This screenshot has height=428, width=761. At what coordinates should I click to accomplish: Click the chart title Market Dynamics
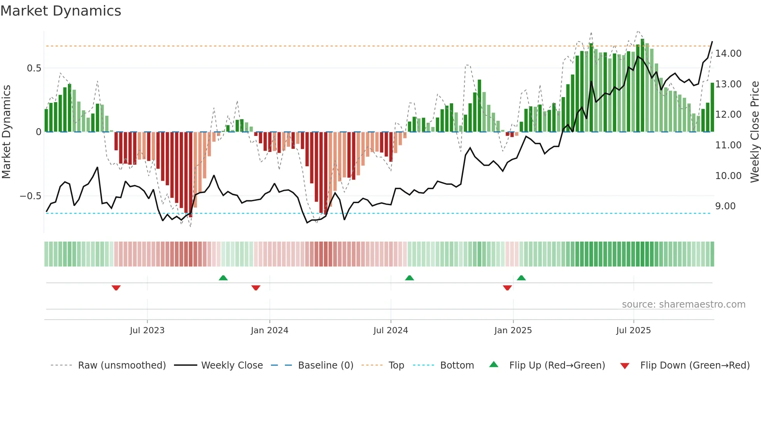[61, 11]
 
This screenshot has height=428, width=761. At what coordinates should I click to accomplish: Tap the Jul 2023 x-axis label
[147, 331]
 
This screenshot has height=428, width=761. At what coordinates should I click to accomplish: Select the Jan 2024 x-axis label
[269, 331]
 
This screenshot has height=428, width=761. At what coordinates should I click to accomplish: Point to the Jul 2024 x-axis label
[391, 331]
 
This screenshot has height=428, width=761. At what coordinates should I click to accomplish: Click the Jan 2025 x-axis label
[513, 331]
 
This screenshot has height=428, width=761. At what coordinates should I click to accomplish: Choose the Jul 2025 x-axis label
[633, 331]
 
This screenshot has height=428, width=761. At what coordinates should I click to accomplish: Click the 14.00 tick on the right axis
[728, 54]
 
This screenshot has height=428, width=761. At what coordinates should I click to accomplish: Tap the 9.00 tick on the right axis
[725, 206]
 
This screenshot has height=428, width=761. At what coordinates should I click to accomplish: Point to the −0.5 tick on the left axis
[31, 196]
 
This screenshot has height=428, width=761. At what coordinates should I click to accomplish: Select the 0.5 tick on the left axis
[34, 68]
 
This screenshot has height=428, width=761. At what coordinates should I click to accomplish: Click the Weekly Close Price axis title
[754, 132]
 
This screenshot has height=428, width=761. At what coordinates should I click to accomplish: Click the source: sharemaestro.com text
[683, 304]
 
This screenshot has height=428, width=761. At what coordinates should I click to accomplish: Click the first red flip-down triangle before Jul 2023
[116, 288]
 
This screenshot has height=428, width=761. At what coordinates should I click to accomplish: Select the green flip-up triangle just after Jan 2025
[521, 278]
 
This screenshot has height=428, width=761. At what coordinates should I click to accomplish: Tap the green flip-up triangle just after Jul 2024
[410, 278]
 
